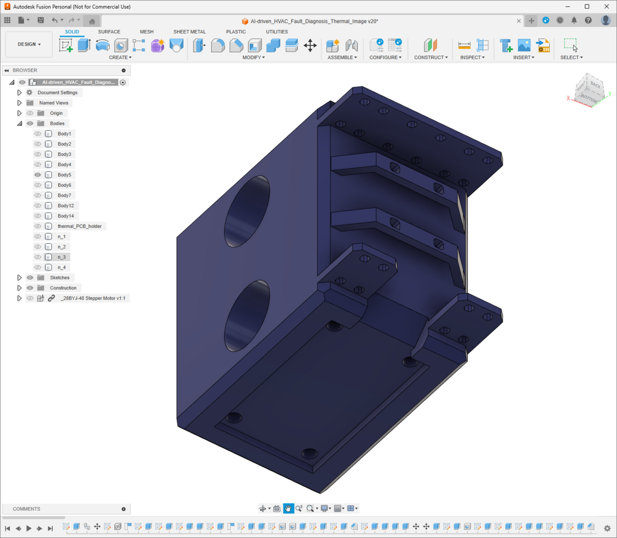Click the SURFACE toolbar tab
pos(109,32)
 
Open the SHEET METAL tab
pos(190,32)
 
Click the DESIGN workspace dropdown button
pos(29,45)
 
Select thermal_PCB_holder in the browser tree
pos(80,226)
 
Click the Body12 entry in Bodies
pos(66,206)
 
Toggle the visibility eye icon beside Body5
pos(38,175)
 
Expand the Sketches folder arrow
pos(19,278)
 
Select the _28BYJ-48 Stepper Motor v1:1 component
pos(93,298)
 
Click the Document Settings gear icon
pos(30,93)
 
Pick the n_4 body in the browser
pos(61,267)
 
